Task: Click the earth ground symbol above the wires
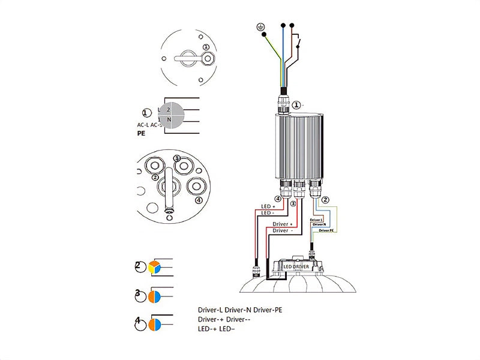259,26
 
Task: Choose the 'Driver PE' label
326,230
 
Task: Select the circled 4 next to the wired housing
278,199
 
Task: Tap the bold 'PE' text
142,135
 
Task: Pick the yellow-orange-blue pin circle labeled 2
155,267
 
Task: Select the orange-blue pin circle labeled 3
155,296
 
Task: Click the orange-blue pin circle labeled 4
155,324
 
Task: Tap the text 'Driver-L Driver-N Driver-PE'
240,310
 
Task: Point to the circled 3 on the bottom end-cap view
176,158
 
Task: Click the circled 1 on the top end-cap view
206,47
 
